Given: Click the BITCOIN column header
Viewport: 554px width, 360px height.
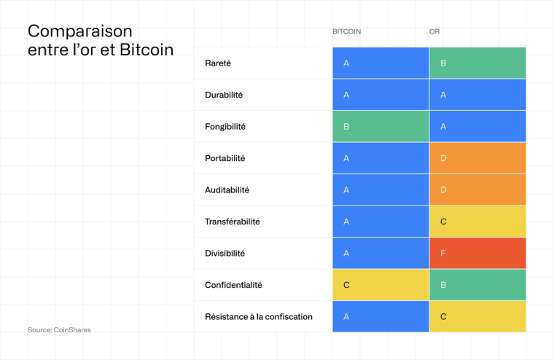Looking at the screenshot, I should [346, 32].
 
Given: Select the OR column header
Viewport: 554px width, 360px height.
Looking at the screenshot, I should [434, 32].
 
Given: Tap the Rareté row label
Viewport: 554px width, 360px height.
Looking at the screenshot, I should [218, 63].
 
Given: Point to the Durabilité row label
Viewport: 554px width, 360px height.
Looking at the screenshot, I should [224, 95].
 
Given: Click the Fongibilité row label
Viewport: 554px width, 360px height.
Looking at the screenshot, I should [225, 127].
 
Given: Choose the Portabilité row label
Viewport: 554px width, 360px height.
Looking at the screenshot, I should [225, 158].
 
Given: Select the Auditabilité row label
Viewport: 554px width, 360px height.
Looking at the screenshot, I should [227, 190].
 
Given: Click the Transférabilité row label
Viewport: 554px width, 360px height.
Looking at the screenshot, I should [232, 222].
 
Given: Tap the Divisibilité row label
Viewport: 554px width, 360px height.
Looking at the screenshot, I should [225, 254].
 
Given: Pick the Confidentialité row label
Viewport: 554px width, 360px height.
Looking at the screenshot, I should [233, 285].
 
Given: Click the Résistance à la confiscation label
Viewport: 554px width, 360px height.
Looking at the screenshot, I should [259, 316].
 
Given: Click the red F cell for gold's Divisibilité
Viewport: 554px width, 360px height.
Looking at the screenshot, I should [477, 254].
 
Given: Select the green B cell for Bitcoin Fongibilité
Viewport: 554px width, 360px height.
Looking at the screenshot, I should [381, 127].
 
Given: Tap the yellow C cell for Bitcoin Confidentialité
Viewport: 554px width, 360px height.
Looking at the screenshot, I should [381, 285].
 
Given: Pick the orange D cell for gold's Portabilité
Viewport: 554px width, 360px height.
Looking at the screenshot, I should [477, 158].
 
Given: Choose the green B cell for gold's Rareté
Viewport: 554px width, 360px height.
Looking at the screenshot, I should [477, 63].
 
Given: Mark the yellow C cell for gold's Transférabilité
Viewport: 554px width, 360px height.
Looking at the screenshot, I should [477, 222].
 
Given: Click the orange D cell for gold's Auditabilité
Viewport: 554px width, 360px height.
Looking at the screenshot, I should [477, 190].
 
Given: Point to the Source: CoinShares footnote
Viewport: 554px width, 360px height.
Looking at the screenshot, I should [59, 330].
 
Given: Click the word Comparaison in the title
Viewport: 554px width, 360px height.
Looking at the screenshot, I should [80, 31].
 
